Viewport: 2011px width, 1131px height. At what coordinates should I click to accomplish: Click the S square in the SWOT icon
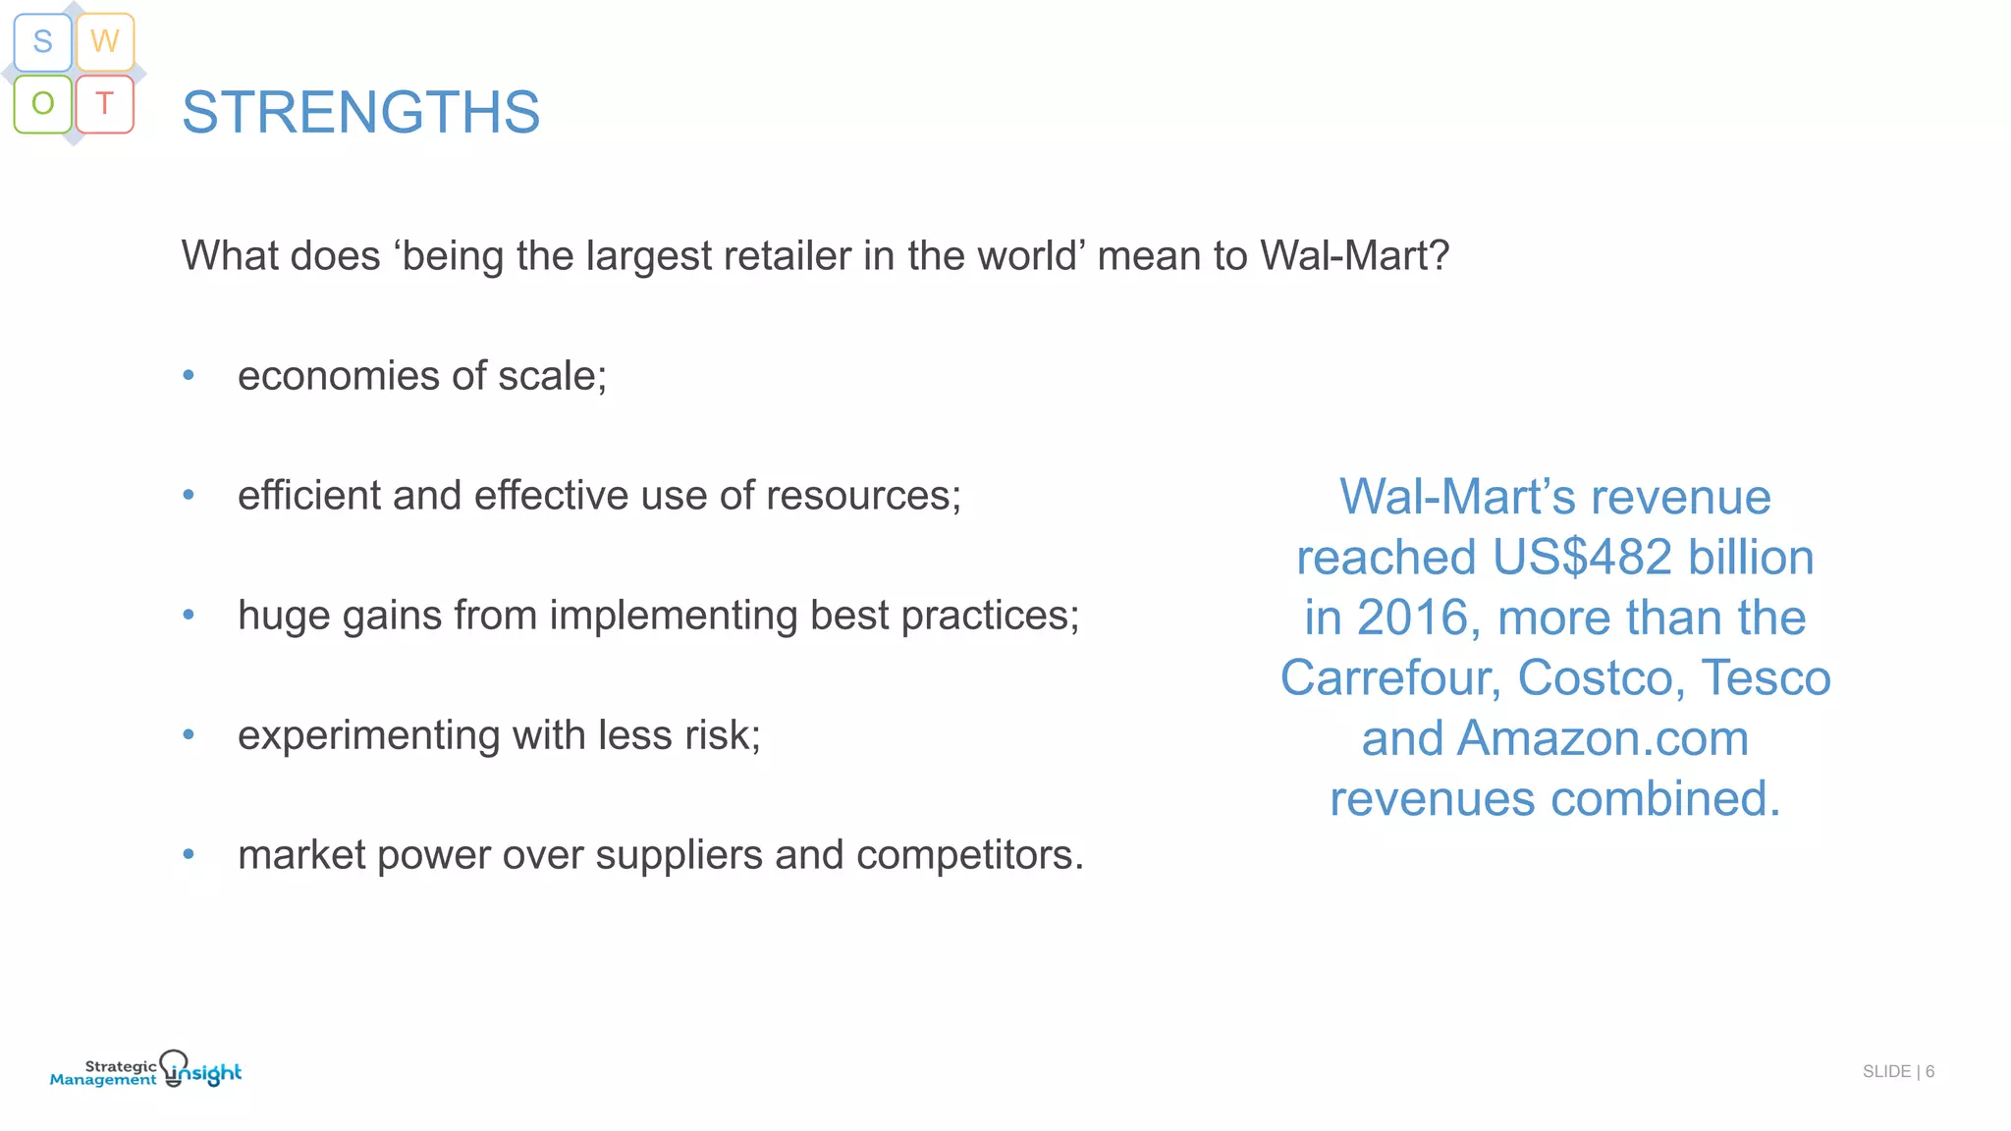tap(42, 42)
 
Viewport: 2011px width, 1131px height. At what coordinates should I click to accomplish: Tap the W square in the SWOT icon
tap(105, 42)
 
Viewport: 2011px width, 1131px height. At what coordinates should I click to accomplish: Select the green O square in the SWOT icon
tap(42, 103)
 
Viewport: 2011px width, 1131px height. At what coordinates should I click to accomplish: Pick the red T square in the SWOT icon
tap(105, 103)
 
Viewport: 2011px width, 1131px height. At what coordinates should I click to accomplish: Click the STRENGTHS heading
tap(360, 112)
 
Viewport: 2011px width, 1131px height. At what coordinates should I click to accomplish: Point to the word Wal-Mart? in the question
tap(1354, 256)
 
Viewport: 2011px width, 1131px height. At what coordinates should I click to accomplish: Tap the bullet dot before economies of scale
tap(189, 375)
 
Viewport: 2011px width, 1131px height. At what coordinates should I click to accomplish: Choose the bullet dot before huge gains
tap(189, 615)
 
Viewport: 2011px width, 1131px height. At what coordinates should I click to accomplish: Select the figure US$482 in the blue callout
tap(1582, 558)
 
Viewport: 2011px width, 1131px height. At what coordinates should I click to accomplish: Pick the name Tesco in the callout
tap(1766, 678)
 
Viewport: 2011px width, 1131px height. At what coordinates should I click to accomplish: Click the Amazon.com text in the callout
tap(1603, 738)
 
